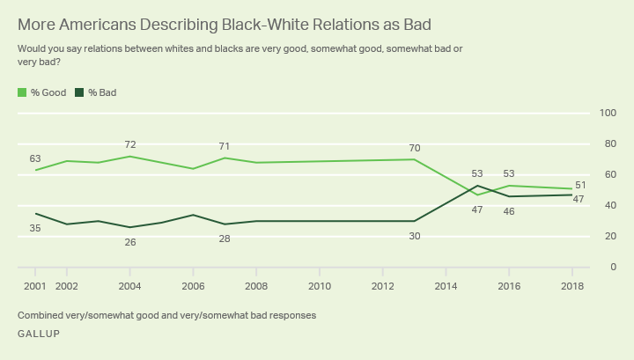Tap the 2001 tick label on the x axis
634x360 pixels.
pyautogui.click(x=36, y=286)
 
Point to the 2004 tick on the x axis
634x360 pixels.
pyautogui.click(x=129, y=286)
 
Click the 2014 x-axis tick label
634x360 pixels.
pyautogui.click(x=446, y=286)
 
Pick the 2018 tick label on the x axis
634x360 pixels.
pyautogui.click(x=572, y=286)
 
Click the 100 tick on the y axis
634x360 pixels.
pyautogui.click(x=607, y=113)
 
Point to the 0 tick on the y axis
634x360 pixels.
pyautogui.click(x=611, y=267)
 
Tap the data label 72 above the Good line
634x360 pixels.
pyautogui.click(x=129, y=143)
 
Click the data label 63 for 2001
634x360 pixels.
pyautogui.click(x=35, y=158)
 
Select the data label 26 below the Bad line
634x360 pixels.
pyautogui.click(x=129, y=241)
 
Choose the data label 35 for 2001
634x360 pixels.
pyautogui.click(x=35, y=228)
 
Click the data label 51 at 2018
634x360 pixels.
pyautogui.click(x=581, y=185)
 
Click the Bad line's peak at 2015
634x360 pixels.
pyautogui.click(x=477, y=186)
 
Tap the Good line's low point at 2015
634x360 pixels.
pyautogui.click(x=477, y=195)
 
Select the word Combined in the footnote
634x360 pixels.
pyautogui.click(x=41, y=314)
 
